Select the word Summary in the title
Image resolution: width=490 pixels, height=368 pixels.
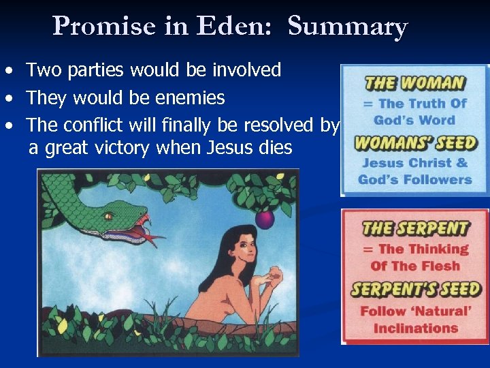point(347,27)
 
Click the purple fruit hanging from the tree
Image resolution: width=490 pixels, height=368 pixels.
point(264,219)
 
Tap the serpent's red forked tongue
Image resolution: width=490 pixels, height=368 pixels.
point(151,232)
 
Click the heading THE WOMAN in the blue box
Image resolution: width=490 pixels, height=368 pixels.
point(414,84)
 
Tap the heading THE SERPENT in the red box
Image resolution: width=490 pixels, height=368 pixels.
point(415,229)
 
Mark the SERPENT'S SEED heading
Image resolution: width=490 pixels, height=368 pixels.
point(415,289)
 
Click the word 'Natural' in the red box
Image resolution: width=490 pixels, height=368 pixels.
point(442,311)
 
